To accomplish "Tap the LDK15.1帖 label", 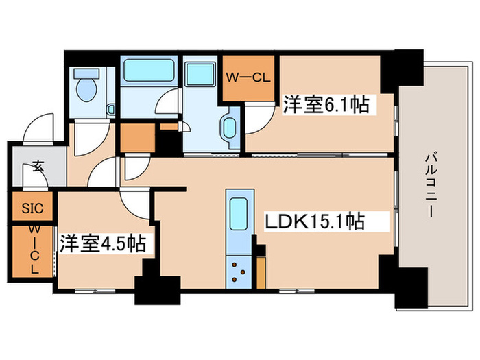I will (x=314, y=222).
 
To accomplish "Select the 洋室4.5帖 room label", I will (x=102, y=244).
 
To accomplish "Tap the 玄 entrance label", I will (x=34, y=166).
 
